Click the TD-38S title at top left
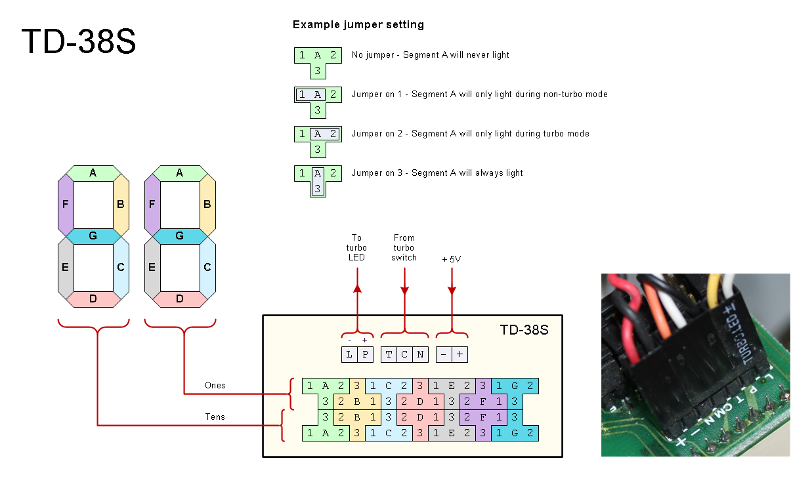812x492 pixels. coord(79,41)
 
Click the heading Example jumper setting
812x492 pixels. coord(358,25)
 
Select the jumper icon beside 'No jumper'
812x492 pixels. coord(317,62)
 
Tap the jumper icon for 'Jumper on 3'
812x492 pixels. coord(317,180)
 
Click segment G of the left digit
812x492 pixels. coord(93,236)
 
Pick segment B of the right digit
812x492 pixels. coord(207,205)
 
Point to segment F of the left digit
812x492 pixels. coord(65,205)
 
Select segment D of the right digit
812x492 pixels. coord(179,299)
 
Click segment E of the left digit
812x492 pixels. coord(65,268)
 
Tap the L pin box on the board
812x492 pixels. coord(349,354)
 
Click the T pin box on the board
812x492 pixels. coord(389,354)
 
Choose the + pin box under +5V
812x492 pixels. coord(459,354)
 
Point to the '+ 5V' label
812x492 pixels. coord(452,260)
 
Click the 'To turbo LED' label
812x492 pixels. coord(356,247)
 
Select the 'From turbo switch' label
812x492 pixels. coord(404,247)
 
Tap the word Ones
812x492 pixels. coord(215,385)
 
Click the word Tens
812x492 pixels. coord(215,417)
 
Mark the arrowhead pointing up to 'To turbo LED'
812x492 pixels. coord(357,288)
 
